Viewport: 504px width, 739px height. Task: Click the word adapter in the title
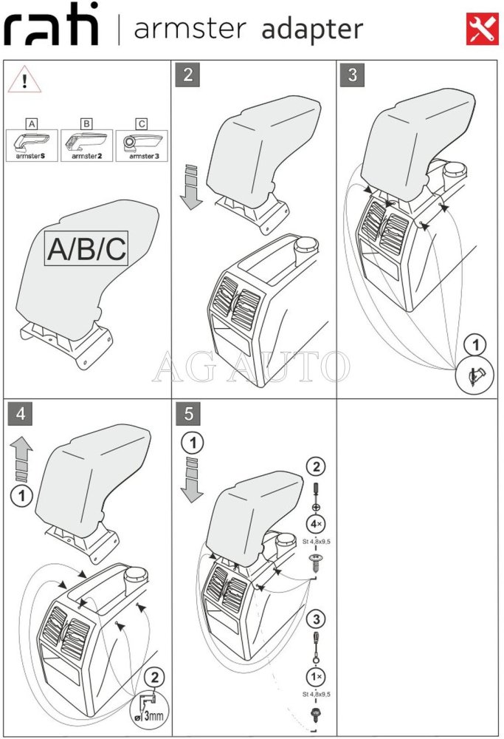[x=311, y=30]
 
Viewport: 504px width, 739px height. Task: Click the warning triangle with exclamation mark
[x=24, y=82]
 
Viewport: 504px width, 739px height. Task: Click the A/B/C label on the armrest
[x=86, y=250]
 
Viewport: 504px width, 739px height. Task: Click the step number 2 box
[x=188, y=75]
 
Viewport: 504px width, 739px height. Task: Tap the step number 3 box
[x=353, y=75]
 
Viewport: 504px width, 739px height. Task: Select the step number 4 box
[x=20, y=414]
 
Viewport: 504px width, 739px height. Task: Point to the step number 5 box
[x=188, y=414]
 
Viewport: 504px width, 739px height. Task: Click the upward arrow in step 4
[x=22, y=454]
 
